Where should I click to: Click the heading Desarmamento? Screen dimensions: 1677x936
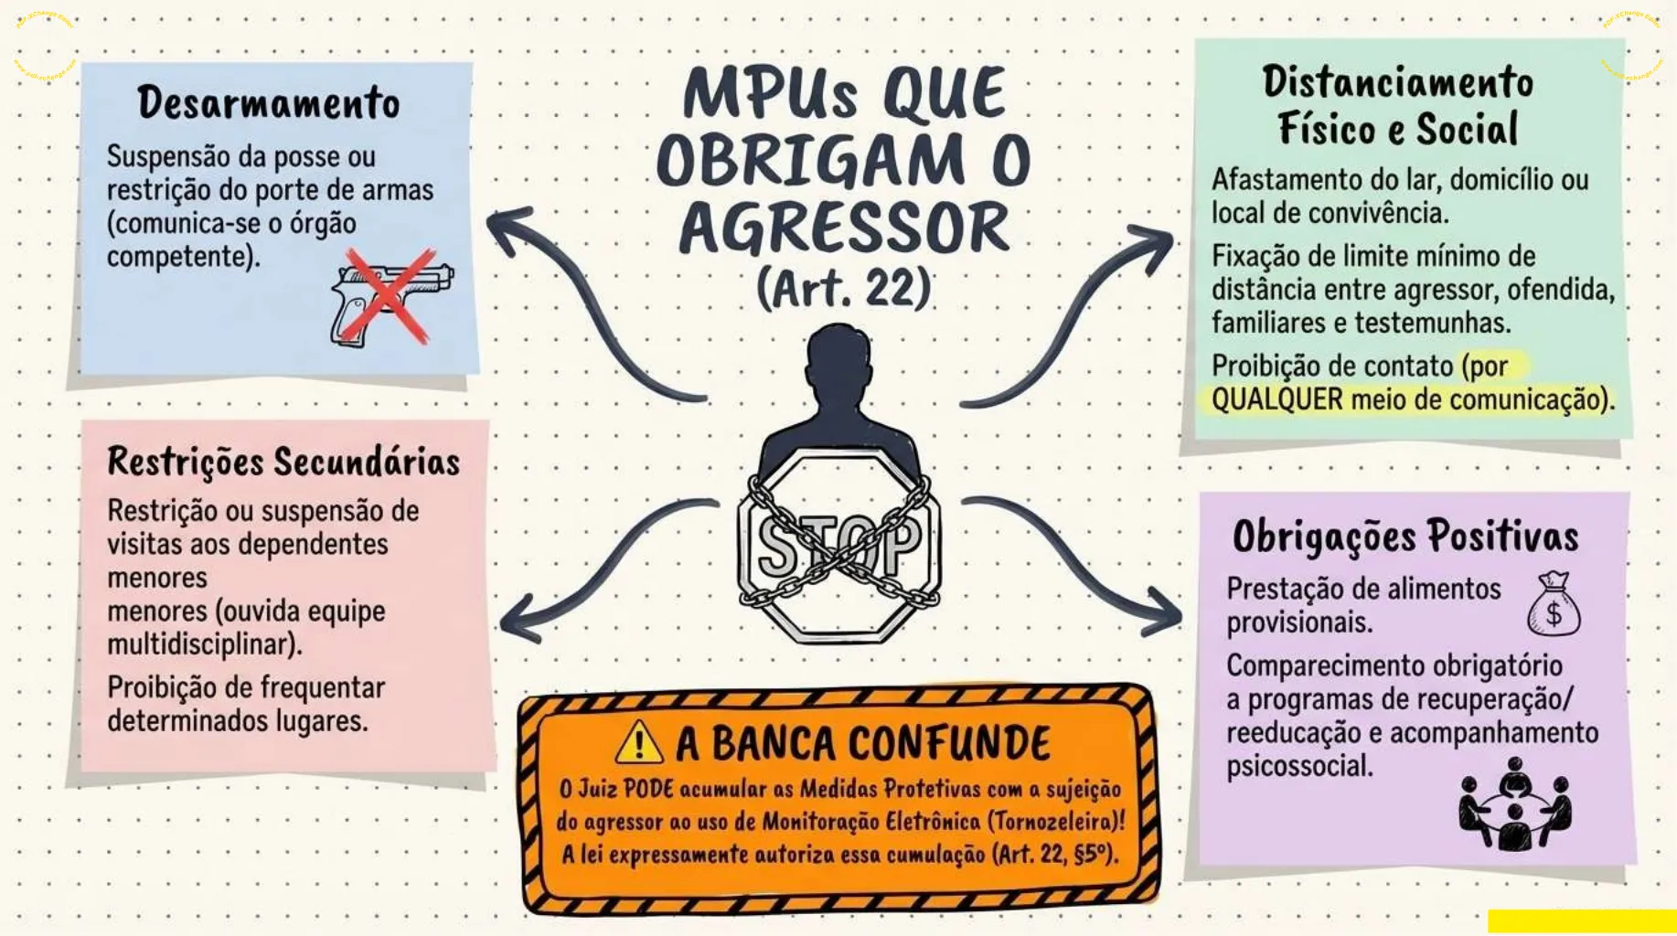click(x=269, y=102)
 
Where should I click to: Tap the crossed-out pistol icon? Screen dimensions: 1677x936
click(x=391, y=297)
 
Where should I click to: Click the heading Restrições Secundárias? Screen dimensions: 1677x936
click(x=283, y=463)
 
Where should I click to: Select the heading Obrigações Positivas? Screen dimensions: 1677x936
click(x=1405, y=537)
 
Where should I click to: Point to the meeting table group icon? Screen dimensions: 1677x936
click(x=1515, y=804)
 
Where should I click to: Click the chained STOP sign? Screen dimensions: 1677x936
click(x=838, y=546)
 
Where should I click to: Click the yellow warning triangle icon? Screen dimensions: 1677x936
click(x=640, y=742)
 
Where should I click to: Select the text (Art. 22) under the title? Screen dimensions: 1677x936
click(x=843, y=289)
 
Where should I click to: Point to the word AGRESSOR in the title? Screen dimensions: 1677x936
click(x=844, y=228)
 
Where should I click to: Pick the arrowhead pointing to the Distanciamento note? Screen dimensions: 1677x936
click(x=1152, y=247)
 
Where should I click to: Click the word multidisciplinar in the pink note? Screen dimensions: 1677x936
click(x=204, y=644)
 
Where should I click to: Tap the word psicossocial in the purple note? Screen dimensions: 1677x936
click(x=1299, y=766)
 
